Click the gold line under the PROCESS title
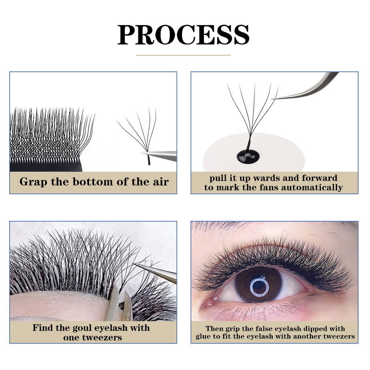(184, 55)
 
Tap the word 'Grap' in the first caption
(31, 182)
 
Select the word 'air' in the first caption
(161, 182)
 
